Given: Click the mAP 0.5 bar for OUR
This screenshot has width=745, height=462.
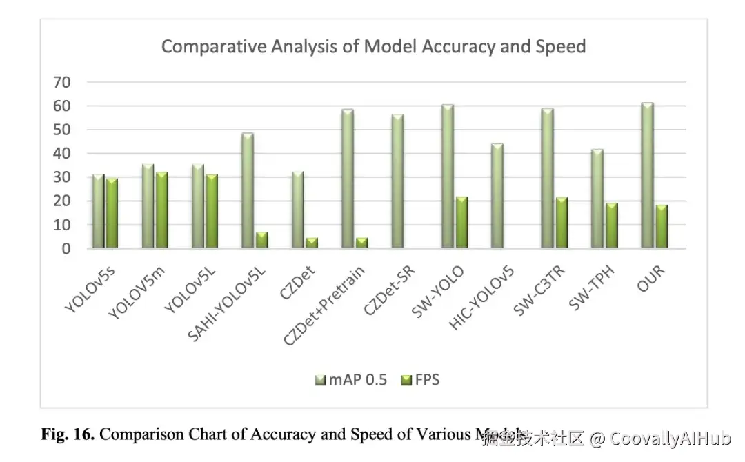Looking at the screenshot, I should pyautogui.click(x=646, y=176).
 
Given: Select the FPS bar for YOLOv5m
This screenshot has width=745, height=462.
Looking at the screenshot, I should pyautogui.click(x=161, y=210).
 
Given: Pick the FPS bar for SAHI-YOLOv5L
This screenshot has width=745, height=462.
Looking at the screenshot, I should pyautogui.click(x=261, y=240).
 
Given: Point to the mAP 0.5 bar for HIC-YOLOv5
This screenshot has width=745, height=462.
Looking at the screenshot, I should pyautogui.click(x=497, y=196).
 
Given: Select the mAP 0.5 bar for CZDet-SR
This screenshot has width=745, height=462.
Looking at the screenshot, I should pyautogui.click(x=397, y=181).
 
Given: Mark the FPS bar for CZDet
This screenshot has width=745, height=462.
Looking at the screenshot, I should pyautogui.click(x=311, y=243).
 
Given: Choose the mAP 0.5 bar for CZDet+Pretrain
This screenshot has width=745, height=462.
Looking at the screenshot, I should pyautogui.click(x=347, y=179).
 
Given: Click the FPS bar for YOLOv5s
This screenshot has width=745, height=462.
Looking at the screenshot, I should pyautogui.click(x=112, y=213).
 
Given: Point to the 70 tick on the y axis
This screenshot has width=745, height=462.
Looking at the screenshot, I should pyautogui.click(x=62, y=83).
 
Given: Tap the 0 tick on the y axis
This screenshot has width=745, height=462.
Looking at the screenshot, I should pyautogui.click(x=67, y=249).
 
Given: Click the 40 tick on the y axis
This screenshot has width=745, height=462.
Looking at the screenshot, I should pyautogui.click(x=62, y=154).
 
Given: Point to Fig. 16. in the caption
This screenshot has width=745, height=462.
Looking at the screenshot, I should pyautogui.click(x=69, y=435).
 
